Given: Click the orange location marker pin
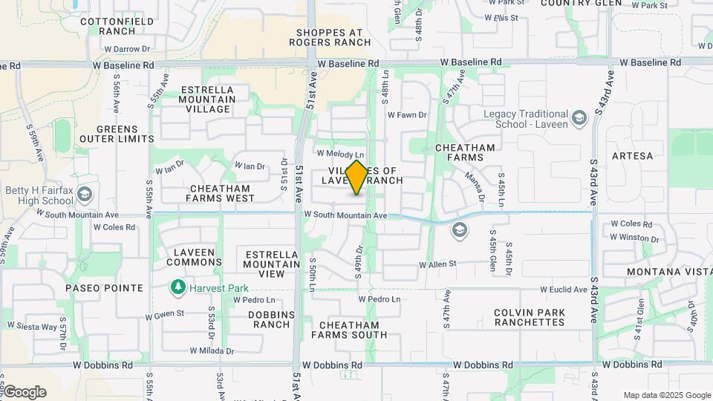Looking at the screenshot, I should click(x=357, y=177).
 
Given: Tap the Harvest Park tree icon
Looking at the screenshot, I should click(x=177, y=287).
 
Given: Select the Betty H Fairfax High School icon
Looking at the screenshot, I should click(x=85, y=195).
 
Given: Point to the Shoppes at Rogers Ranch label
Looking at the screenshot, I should click(x=333, y=37).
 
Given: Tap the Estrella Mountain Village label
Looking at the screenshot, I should click(x=208, y=100).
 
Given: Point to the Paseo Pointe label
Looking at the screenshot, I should click(x=104, y=288).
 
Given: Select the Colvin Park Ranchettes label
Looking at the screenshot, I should click(x=530, y=317).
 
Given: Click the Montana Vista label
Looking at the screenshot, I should click(x=669, y=272).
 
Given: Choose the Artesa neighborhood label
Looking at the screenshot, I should click(x=632, y=156).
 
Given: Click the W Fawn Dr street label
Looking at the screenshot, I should click(x=407, y=115).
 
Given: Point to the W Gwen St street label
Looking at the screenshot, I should click(x=164, y=314).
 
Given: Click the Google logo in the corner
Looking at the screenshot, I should click(x=24, y=391).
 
